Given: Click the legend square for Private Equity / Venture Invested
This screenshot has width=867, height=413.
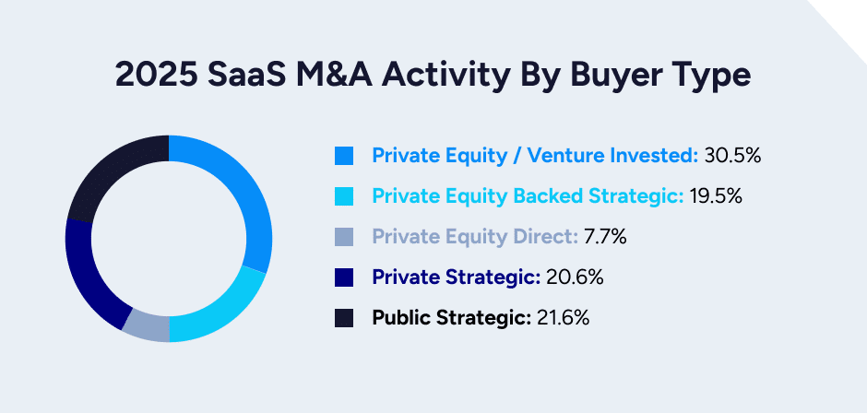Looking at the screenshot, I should click(344, 156).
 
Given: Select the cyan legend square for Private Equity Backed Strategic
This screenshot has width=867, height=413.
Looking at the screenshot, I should click(344, 196).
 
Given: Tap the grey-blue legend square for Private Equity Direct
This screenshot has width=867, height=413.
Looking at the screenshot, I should click(344, 237).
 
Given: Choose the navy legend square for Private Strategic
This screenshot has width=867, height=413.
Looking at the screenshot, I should click(344, 277).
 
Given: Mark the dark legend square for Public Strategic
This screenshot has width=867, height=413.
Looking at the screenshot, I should click(344, 318).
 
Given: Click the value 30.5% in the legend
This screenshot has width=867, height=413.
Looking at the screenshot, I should click(732, 156).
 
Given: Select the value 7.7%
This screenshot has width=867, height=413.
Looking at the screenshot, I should click(605, 237).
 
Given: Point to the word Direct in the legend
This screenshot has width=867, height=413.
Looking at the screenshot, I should click(549, 237).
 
